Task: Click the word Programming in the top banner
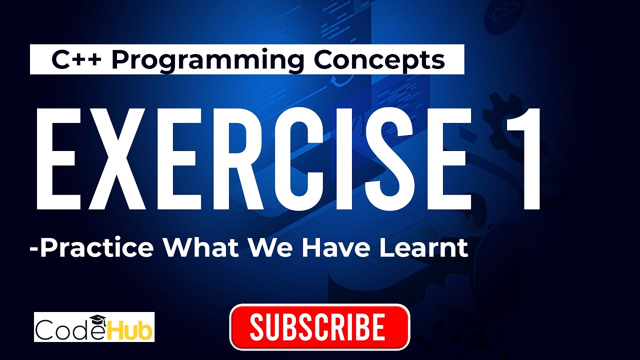pos(207,60)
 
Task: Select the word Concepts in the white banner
pos(379,60)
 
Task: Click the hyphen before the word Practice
pos(34,249)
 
